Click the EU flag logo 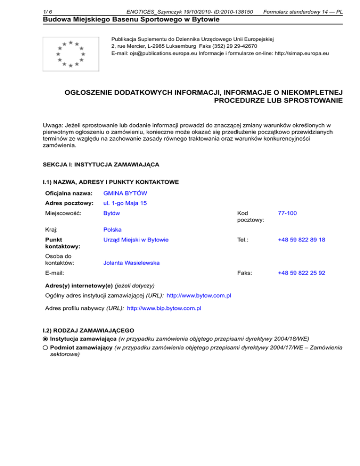coord(70,53)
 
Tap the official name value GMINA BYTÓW coord(124,193)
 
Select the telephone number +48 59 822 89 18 coord(301,240)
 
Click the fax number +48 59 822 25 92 coord(301,272)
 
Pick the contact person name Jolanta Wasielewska coord(131,263)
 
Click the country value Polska coord(112,230)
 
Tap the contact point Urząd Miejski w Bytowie coord(136,240)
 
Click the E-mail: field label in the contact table coord(55,272)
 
